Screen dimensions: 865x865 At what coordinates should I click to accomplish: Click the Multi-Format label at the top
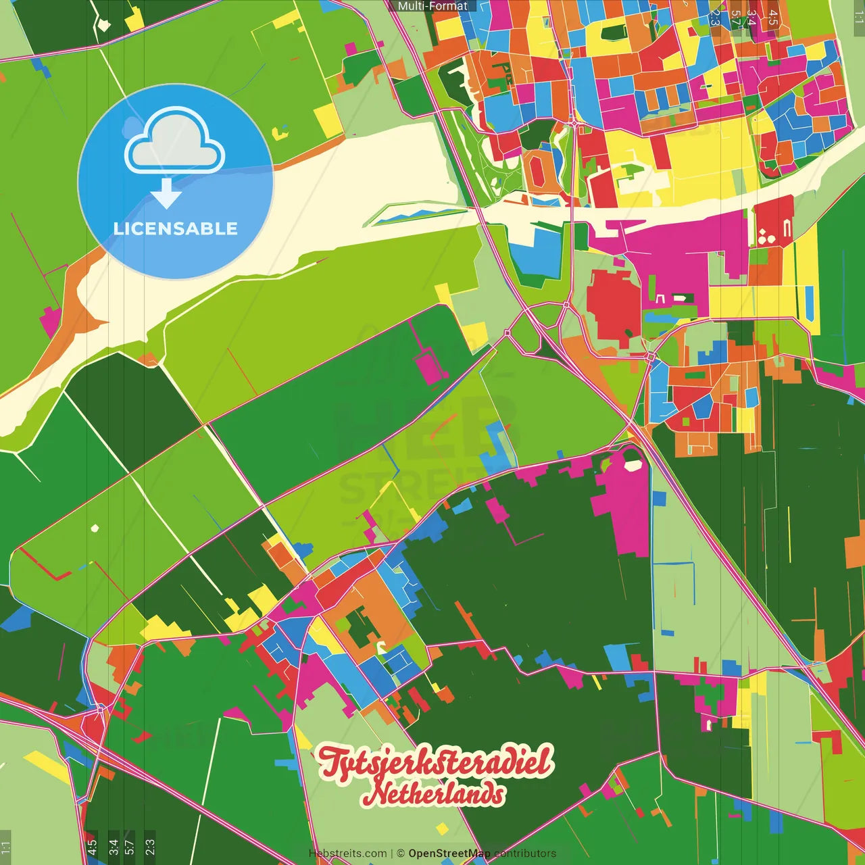(432, 6)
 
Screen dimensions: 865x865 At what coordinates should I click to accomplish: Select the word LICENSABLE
(175, 228)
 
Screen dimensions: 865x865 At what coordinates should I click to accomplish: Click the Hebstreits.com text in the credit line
(347, 854)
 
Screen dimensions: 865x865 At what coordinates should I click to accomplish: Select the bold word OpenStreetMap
(449, 854)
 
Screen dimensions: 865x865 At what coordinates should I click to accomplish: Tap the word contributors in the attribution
(525, 854)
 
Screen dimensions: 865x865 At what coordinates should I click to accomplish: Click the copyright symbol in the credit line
(401, 854)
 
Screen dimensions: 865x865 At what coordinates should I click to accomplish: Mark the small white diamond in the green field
(95, 528)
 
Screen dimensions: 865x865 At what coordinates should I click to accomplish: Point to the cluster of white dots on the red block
(766, 236)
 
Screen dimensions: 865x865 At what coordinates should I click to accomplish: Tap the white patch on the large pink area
(633, 465)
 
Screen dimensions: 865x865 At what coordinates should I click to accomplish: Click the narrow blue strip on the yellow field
(809, 303)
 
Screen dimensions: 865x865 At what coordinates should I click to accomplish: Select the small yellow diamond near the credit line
(442, 829)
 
